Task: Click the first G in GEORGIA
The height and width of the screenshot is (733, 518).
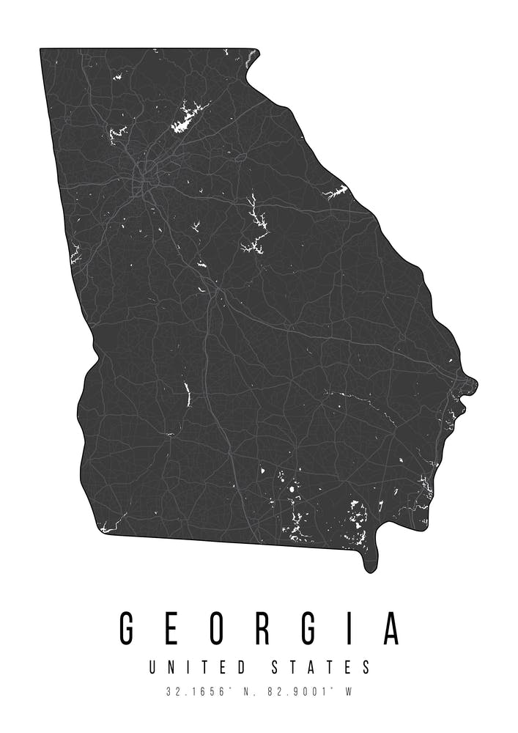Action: click(129, 628)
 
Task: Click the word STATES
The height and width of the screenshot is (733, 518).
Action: click(322, 668)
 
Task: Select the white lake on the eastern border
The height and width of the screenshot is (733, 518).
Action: click(336, 193)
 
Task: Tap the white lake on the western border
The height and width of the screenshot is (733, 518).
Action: click(75, 254)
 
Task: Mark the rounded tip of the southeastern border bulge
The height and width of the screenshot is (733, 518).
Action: click(371, 567)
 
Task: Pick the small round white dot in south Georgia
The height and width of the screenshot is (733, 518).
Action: click(292, 488)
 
